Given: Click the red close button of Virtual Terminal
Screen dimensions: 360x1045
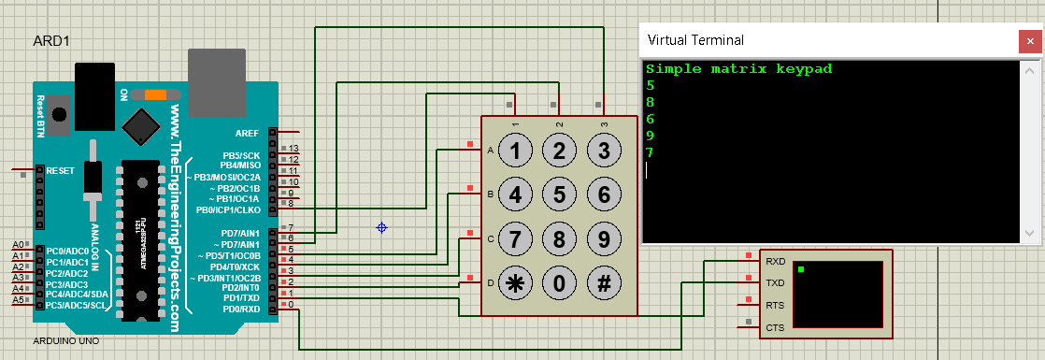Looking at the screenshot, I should (x=1028, y=40).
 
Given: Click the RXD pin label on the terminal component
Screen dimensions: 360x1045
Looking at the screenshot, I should (x=775, y=262).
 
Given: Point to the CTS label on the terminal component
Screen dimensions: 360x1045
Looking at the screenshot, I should (x=775, y=327).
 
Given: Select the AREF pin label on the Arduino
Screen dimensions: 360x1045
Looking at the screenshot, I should (x=247, y=134).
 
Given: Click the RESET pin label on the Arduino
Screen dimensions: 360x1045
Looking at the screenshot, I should (x=60, y=171).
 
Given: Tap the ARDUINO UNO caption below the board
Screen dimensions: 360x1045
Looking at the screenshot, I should (x=65, y=341).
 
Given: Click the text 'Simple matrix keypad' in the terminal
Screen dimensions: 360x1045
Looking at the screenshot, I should (x=738, y=69).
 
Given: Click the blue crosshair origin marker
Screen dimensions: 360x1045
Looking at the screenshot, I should (x=381, y=227).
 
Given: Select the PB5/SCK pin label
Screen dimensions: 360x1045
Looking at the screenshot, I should (x=241, y=154).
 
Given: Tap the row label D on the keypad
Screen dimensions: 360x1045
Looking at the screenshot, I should (x=489, y=282).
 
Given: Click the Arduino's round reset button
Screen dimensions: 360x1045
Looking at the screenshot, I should (x=60, y=114).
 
